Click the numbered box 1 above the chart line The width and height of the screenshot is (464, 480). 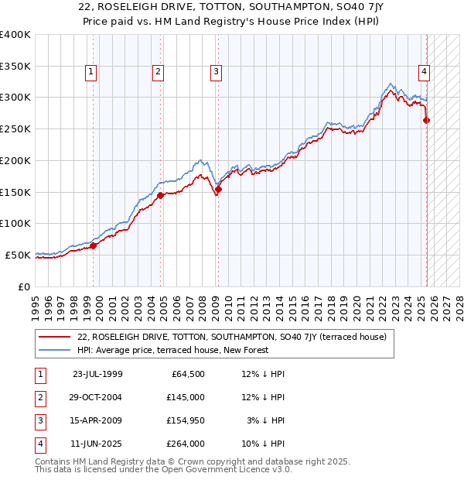pos(91,73)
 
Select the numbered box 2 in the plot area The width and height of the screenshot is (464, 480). pos(158,73)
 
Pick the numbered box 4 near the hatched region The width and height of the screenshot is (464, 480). pos(425,73)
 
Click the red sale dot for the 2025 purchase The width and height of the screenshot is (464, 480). pos(427,120)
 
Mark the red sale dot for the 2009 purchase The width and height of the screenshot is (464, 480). pos(218,189)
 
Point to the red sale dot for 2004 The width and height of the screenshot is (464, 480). pos(161,195)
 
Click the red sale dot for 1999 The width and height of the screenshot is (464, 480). pos(94,245)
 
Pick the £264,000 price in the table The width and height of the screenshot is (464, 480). pos(186,444)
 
